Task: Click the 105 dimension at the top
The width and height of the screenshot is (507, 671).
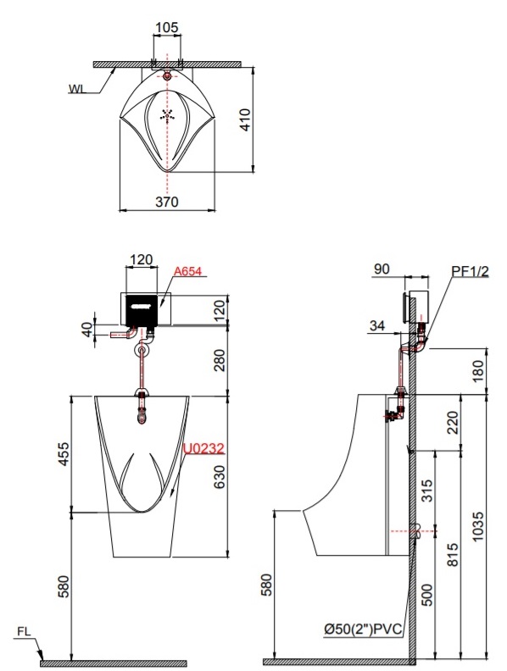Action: (166, 27)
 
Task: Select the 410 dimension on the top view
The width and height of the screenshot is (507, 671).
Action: (244, 119)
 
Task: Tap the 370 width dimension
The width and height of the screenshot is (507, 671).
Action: (166, 202)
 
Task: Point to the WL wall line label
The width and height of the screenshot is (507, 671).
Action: (76, 89)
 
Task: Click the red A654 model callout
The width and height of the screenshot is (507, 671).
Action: (187, 271)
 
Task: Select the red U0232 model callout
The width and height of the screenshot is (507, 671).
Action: (203, 448)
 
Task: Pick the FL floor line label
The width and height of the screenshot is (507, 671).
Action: (24, 631)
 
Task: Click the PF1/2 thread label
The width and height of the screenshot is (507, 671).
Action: (471, 271)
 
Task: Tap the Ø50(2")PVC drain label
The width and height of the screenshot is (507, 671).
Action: (363, 629)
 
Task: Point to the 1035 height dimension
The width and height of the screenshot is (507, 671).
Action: (476, 526)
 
